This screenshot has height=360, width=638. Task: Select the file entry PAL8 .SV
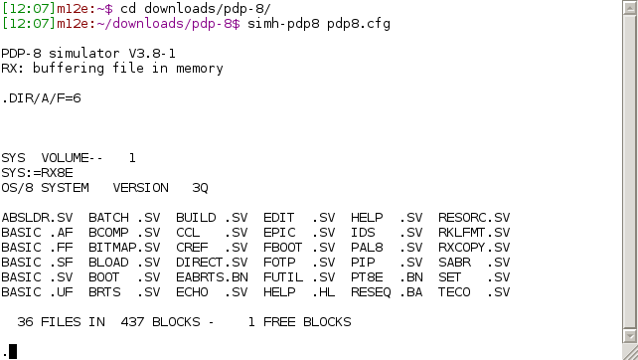click(381, 248)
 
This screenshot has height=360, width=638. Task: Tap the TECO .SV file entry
click(474, 292)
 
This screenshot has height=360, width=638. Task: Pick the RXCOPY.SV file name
click(474, 248)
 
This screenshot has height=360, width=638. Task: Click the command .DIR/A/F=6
click(42, 98)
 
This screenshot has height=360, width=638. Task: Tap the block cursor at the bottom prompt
click(12, 350)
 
